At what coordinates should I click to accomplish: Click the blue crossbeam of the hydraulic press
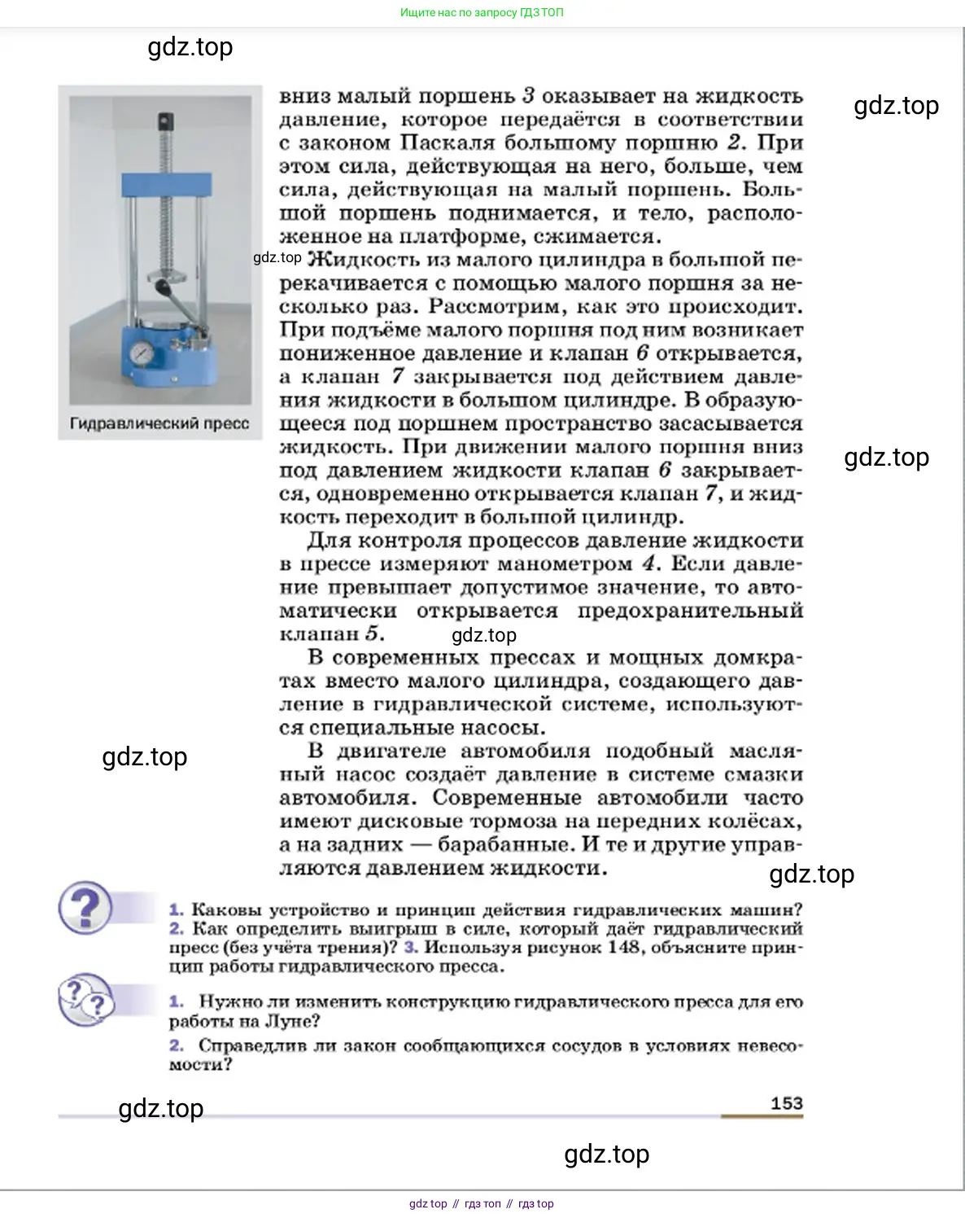pos(166,184)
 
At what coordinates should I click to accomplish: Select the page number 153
pos(786,1103)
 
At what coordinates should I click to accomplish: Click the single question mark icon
pos(85,908)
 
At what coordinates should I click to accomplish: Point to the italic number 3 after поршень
pos(527,96)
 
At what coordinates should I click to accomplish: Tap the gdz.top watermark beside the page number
pos(161,1109)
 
